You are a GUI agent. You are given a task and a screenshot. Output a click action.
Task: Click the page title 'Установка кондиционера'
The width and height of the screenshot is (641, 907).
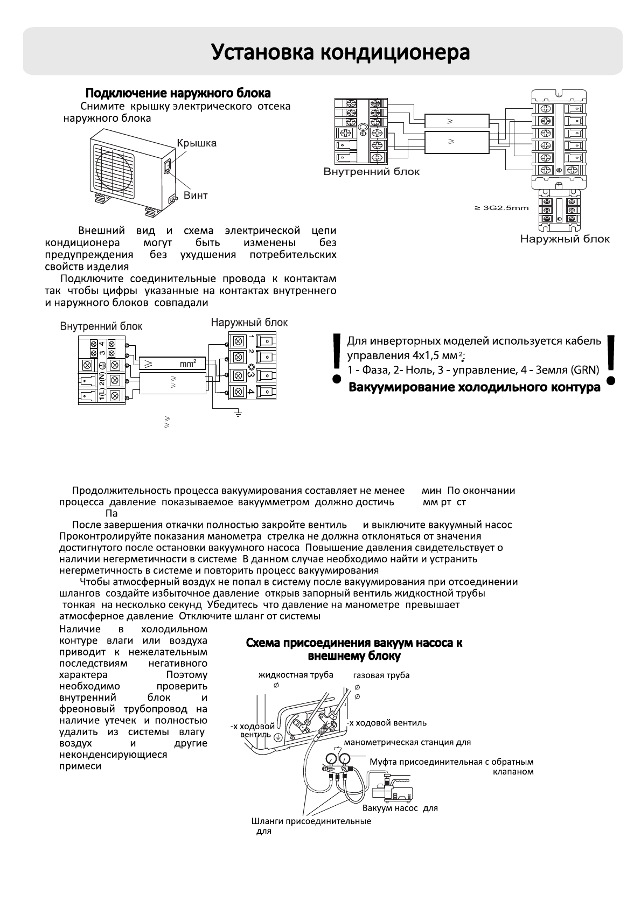[x=340, y=53]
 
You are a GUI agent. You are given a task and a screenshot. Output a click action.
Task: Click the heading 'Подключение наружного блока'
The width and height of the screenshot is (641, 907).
[x=178, y=93]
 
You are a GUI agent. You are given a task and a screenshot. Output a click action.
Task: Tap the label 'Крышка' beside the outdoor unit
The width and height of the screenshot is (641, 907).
[x=197, y=143]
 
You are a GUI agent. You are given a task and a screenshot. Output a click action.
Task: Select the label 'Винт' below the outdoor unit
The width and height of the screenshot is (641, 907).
[x=196, y=196]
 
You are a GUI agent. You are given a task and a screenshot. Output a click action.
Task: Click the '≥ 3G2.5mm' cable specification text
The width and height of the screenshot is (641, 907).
[x=501, y=208]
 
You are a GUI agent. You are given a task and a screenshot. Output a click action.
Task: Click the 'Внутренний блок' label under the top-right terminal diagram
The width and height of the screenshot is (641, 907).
[x=371, y=172]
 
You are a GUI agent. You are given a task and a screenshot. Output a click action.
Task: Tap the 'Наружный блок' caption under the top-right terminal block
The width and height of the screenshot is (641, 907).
[x=565, y=239]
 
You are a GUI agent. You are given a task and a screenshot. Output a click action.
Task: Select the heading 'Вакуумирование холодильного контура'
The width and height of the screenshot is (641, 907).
[x=475, y=387]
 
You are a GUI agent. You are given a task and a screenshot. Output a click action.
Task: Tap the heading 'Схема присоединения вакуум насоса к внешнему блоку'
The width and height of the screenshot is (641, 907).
[x=354, y=649]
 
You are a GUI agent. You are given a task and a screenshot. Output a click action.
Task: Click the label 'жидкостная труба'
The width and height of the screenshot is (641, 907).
[x=296, y=675]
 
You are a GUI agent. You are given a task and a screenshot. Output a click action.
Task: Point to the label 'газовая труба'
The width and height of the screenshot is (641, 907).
[x=381, y=675]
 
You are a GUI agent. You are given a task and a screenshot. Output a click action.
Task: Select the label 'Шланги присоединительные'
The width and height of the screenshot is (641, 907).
[x=311, y=821]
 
